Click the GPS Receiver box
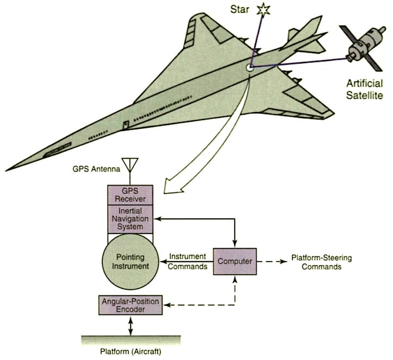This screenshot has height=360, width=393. [x=130, y=194]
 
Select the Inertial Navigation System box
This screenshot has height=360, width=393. [x=130, y=219]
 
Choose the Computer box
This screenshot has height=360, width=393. [x=234, y=261]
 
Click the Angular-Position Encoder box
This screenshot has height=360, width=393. [x=130, y=305]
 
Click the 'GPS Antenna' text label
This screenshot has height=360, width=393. [x=92, y=168]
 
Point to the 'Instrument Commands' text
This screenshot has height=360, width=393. [x=188, y=261]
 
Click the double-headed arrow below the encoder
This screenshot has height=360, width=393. [x=130, y=325]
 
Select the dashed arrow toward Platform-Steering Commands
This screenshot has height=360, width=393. [x=271, y=261]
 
